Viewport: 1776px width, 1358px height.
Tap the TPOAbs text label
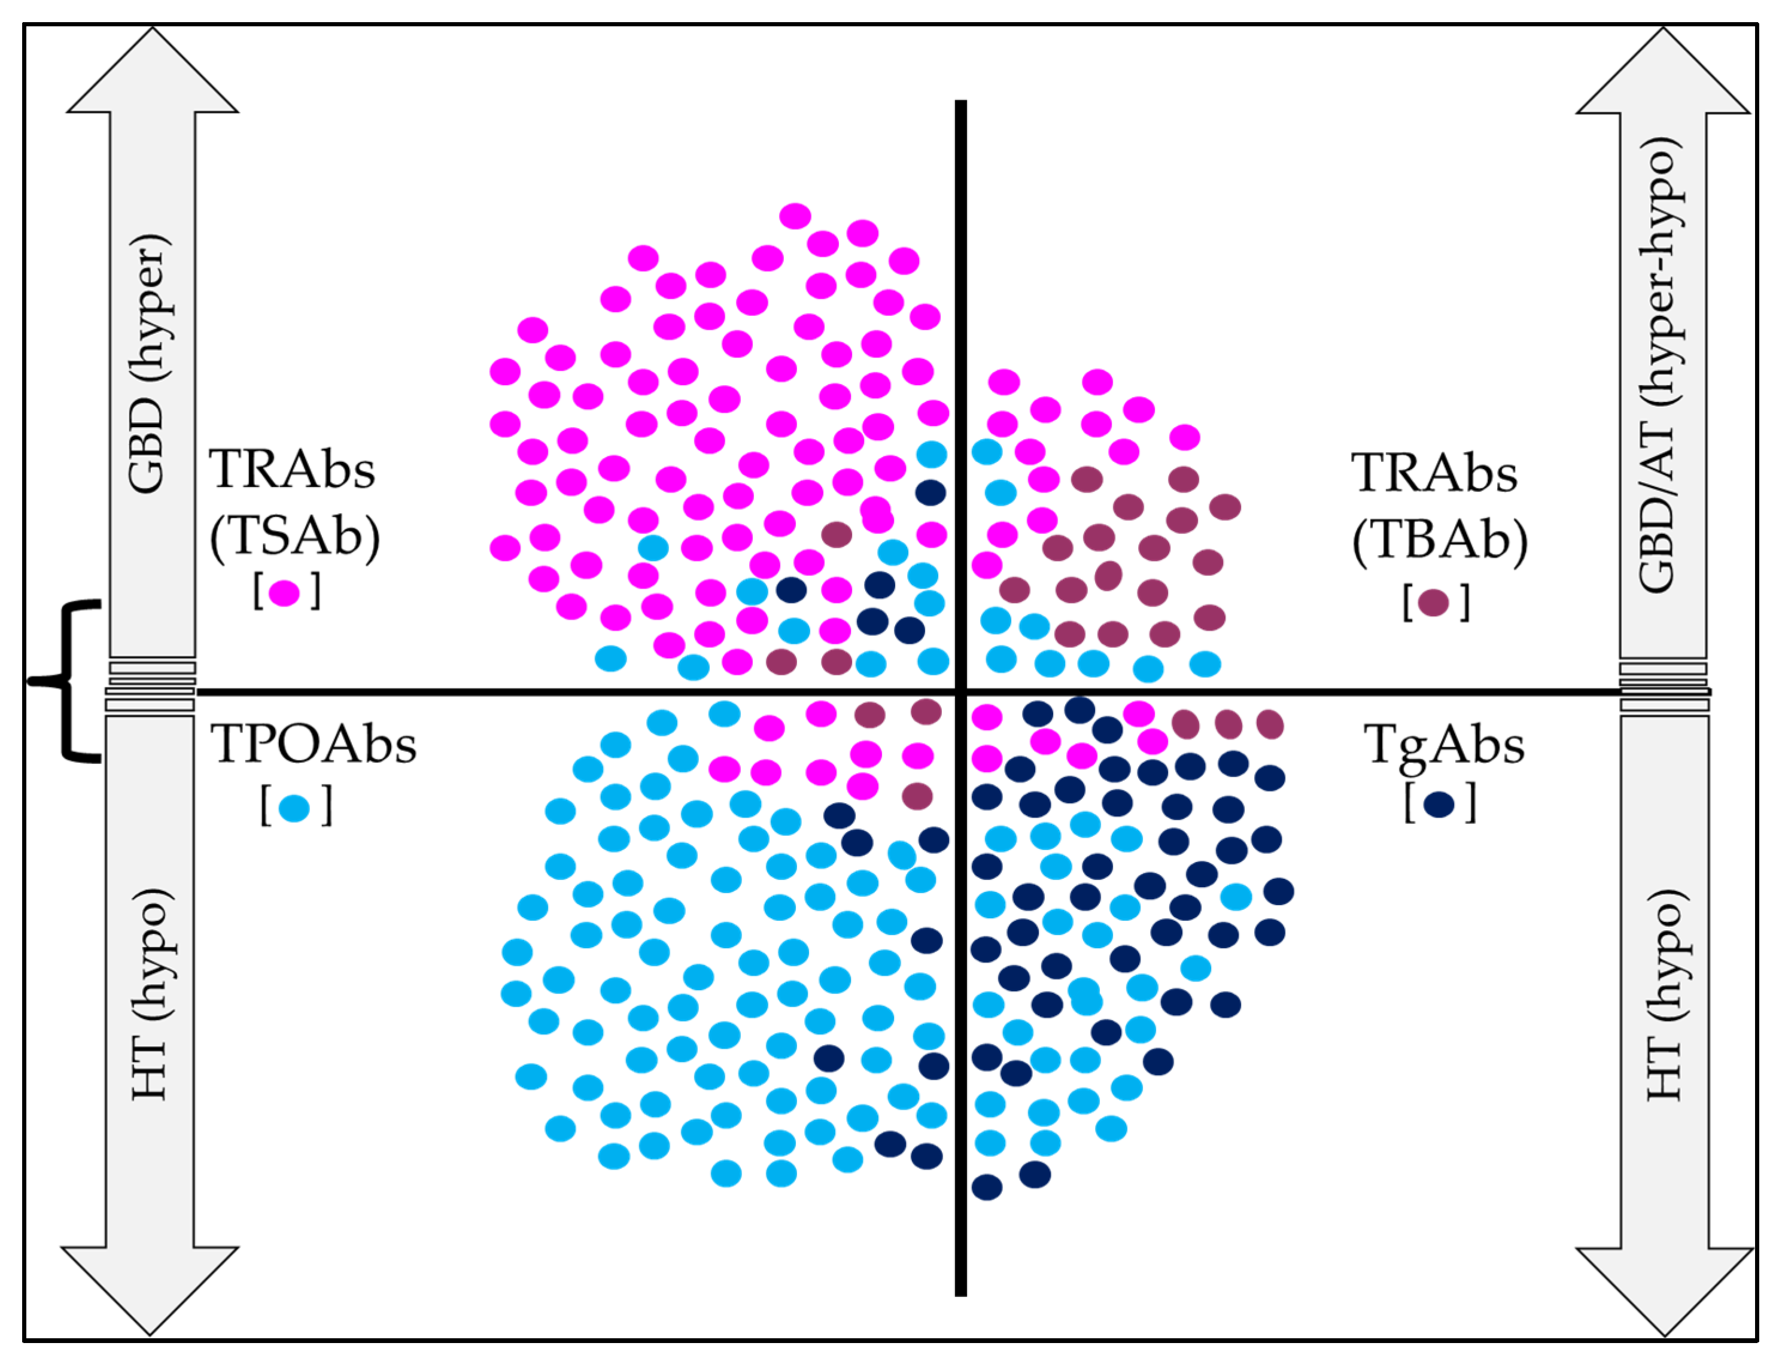pos(314,744)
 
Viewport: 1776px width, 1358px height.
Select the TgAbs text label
pos(1444,744)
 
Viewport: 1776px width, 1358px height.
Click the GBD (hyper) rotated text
pos(150,364)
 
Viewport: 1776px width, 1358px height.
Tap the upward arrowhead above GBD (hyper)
pos(152,73)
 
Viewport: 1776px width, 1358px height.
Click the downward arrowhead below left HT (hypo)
pos(150,1285)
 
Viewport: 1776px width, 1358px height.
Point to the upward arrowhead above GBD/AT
pos(1663,73)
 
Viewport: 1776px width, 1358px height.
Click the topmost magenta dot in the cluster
pos(795,216)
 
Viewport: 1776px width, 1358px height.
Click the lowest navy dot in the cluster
pos(986,1188)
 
